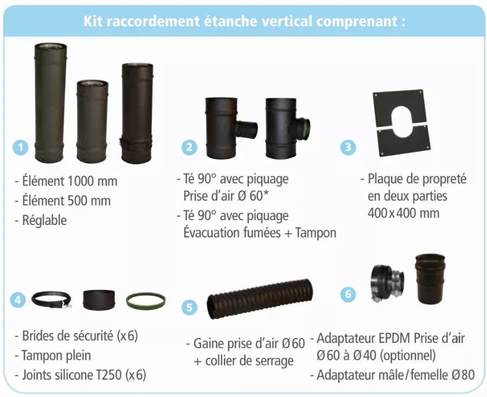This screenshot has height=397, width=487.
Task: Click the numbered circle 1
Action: (x=21, y=147)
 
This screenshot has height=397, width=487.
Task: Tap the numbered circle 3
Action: (x=348, y=147)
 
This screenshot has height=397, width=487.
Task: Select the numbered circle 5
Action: (x=189, y=307)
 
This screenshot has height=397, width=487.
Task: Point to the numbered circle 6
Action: (x=348, y=294)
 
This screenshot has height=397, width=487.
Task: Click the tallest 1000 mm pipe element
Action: (x=50, y=103)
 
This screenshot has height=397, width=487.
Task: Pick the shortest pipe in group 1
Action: (x=92, y=121)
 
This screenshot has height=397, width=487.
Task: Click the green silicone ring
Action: (x=146, y=301)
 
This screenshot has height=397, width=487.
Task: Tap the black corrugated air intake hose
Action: (x=260, y=299)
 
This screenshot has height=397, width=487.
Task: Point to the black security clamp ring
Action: (x=51, y=300)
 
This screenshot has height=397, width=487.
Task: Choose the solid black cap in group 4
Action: (x=99, y=299)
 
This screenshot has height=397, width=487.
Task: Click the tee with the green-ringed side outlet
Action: (x=287, y=128)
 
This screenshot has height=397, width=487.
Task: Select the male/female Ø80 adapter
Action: (x=431, y=279)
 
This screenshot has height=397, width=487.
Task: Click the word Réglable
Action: (x=44, y=220)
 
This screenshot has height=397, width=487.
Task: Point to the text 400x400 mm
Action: (x=404, y=213)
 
